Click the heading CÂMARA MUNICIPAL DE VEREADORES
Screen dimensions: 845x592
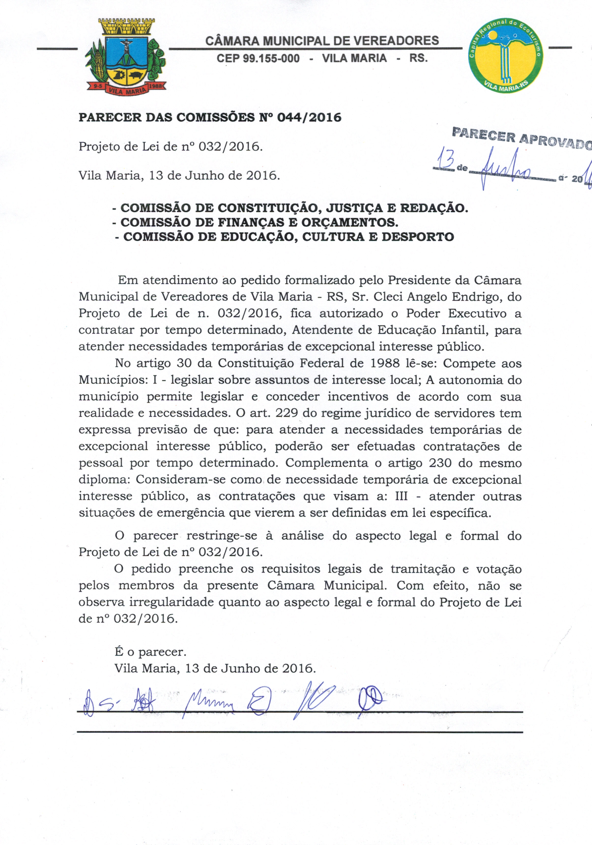point(322,41)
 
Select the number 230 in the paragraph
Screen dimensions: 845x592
point(440,463)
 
